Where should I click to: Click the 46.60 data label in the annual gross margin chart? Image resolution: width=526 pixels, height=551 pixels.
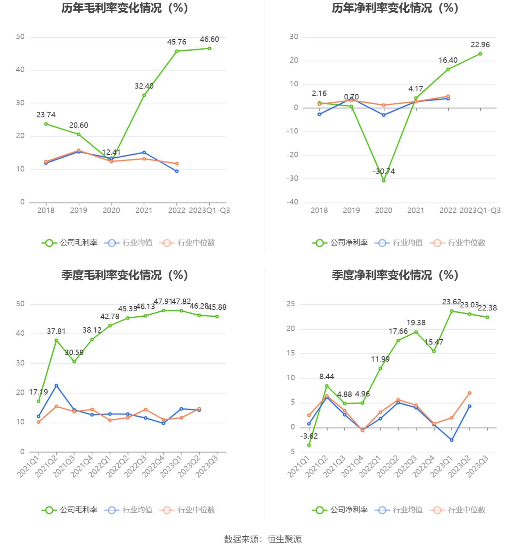(x=209, y=39)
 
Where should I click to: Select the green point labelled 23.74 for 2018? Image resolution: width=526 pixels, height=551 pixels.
(x=46, y=124)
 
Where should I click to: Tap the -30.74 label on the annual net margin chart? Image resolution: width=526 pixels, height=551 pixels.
(x=384, y=171)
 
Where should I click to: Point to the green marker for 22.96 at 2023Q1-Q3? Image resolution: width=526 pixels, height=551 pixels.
(x=480, y=54)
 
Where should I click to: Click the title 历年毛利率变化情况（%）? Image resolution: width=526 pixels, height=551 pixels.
(x=125, y=8)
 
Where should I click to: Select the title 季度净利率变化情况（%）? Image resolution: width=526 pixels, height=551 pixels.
(x=395, y=275)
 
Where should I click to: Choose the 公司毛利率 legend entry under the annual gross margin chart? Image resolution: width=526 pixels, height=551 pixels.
(x=70, y=243)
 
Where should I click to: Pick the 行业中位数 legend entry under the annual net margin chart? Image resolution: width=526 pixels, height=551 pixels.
(x=458, y=243)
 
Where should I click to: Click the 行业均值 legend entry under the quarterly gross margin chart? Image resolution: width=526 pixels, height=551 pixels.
(x=128, y=510)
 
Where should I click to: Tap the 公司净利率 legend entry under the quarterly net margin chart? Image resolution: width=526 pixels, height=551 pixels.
(x=340, y=510)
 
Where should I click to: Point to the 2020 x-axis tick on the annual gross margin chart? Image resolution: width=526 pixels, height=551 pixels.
(x=111, y=210)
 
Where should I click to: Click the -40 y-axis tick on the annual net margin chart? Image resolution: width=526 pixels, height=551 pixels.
(x=292, y=202)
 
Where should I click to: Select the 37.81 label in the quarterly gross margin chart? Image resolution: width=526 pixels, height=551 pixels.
(x=56, y=331)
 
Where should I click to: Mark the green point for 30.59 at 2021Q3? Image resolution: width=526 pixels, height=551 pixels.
(x=74, y=362)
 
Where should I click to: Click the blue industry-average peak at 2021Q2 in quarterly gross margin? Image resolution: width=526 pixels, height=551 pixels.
(x=56, y=386)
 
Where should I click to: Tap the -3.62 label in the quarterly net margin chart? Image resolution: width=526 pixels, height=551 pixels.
(x=309, y=436)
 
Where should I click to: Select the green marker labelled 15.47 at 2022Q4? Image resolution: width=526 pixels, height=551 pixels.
(x=434, y=351)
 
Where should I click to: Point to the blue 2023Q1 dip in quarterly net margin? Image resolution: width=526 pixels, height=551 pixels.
(x=452, y=440)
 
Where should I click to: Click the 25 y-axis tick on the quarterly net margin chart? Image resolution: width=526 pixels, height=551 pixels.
(x=290, y=304)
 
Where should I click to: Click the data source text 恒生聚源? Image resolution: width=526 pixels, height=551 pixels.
(x=285, y=539)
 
